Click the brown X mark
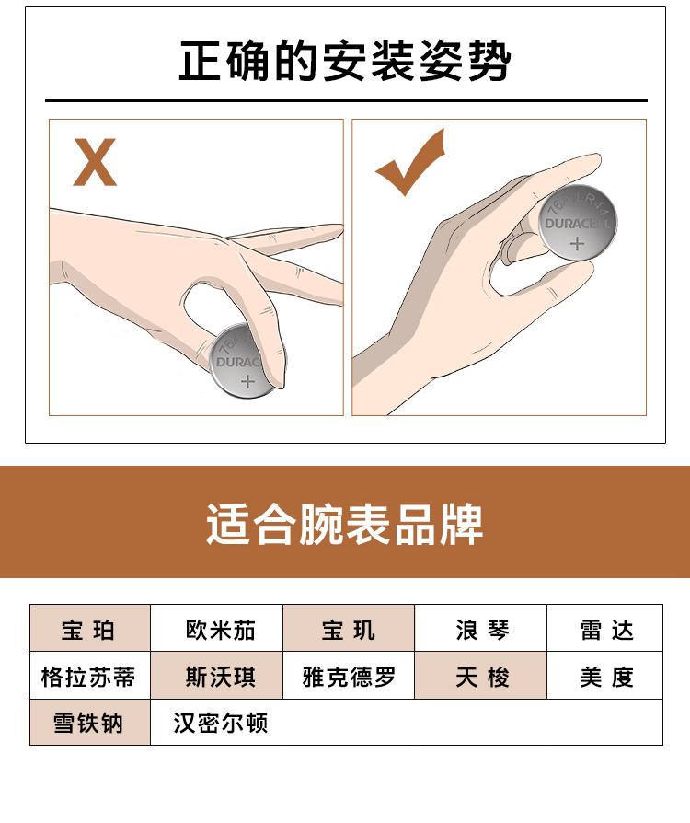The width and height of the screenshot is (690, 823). pyautogui.click(x=95, y=162)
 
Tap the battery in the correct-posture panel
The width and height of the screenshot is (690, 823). pyautogui.click(x=577, y=222)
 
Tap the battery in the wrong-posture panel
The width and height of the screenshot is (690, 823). pyautogui.click(x=242, y=362)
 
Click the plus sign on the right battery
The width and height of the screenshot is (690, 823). pyautogui.click(x=577, y=244)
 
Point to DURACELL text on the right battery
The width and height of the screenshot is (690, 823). pyautogui.click(x=577, y=224)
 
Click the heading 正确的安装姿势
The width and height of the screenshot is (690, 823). pyautogui.click(x=345, y=61)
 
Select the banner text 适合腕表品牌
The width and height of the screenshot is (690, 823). pyautogui.click(x=345, y=524)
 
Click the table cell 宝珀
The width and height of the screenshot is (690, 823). pyautogui.click(x=90, y=628)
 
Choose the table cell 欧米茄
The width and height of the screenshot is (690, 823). pyautogui.click(x=217, y=628)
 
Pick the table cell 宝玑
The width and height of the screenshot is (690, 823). pyautogui.click(x=349, y=628)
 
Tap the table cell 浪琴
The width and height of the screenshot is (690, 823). pyautogui.click(x=480, y=628)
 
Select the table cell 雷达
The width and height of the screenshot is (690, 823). pyautogui.click(x=605, y=628)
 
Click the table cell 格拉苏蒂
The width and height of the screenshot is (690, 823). pyautogui.click(x=90, y=676)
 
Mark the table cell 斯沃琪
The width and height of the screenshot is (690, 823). pyautogui.click(x=217, y=676)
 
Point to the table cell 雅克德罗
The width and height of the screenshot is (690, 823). pyautogui.click(x=349, y=676)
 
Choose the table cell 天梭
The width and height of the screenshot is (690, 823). pyautogui.click(x=480, y=676)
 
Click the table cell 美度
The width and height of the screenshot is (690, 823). pyautogui.click(x=605, y=676)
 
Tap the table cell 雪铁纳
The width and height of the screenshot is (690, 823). pyautogui.click(x=90, y=723)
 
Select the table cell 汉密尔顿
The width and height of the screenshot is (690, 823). pyautogui.click(x=221, y=723)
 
